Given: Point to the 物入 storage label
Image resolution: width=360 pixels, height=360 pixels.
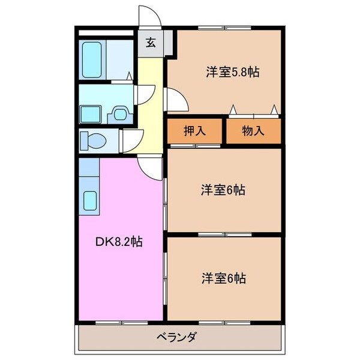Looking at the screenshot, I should coord(253,131).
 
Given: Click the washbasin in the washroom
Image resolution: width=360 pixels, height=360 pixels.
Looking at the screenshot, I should coord(121,112).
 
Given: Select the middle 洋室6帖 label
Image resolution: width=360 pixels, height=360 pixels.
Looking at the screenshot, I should coord(223,190).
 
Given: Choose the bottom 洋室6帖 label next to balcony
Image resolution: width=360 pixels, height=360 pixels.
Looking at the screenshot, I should coord(223,278).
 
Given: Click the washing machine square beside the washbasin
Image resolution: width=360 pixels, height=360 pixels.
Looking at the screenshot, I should coord(91,112).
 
